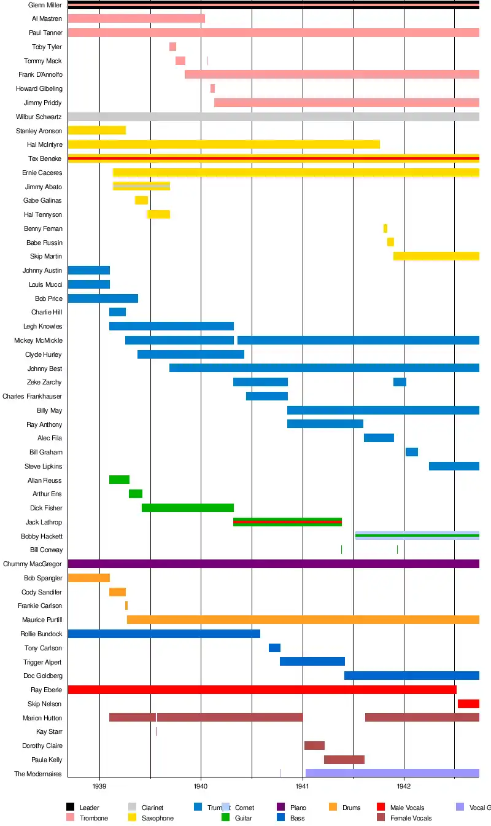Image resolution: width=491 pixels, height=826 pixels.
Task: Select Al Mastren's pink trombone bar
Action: [x=136, y=19]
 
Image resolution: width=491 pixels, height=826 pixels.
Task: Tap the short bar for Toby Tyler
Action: [x=172, y=47]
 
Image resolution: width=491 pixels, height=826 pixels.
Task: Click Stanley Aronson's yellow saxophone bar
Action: [x=96, y=130]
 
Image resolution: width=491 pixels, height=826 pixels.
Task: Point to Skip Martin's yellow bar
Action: [x=436, y=256]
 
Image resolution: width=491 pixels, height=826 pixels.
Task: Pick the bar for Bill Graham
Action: [x=411, y=452]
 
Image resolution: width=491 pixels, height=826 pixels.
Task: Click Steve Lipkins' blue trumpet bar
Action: [x=454, y=466]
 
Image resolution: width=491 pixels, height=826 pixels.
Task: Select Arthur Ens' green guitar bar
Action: [x=136, y=494]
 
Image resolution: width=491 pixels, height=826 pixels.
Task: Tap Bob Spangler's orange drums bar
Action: [x=88, y=578]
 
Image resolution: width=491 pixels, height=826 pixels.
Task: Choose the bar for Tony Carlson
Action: [x=274, y=648]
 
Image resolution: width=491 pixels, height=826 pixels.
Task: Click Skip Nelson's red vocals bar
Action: [x=468, y=704]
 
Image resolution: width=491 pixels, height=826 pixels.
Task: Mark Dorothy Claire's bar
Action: [x=314, y=746]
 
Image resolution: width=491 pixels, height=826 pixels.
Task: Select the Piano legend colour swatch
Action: [x=281, y=808]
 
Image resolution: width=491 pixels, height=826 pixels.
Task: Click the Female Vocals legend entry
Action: [x=411, y=818]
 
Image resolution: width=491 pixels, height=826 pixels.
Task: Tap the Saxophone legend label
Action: [x=157, y=818]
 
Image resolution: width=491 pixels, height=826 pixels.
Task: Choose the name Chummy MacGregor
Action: [x=33, y=564]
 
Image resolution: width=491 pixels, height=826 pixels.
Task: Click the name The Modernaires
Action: [x=38, y=774]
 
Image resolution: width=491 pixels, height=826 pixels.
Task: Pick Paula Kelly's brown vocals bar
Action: [x=344, y=760]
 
